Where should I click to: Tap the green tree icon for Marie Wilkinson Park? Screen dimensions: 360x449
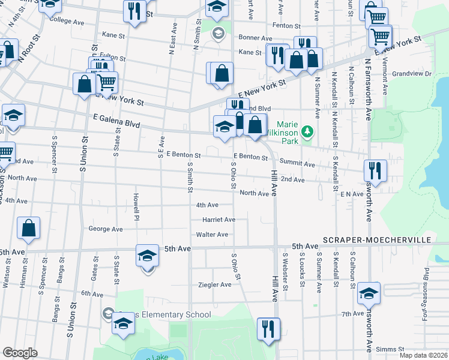[x=307, y=130]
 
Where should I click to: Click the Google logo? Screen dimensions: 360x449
[x=20, y=353]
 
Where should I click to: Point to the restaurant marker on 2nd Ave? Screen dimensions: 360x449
[x=375, y=170]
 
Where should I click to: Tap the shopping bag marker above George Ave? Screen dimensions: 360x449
[x=28, y=228]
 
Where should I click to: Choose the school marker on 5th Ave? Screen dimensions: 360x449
[x=147, y=256]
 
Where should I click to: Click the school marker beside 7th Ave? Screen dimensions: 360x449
[x=369, y=293]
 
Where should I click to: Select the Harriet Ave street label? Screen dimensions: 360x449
[x=218, y=220]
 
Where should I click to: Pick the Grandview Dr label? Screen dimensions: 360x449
[x=412, y=74]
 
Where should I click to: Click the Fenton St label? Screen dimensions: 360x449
[x=286, y=26]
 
